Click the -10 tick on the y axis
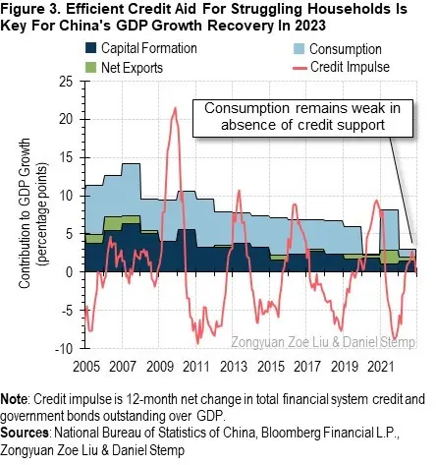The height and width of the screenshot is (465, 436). (67, 349)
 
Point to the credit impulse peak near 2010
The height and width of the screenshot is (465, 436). (175, 108)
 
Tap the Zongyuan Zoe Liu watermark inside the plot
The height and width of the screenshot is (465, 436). (285, 341)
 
